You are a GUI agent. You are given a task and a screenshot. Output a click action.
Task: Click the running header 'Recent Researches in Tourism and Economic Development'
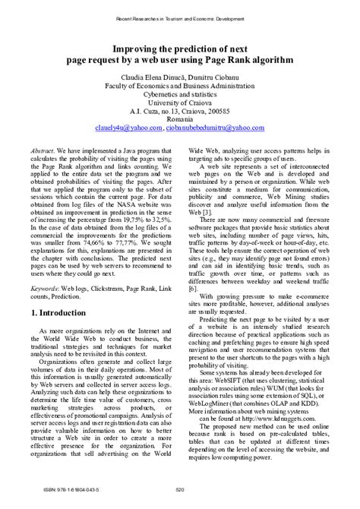click(x=180, y=16)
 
